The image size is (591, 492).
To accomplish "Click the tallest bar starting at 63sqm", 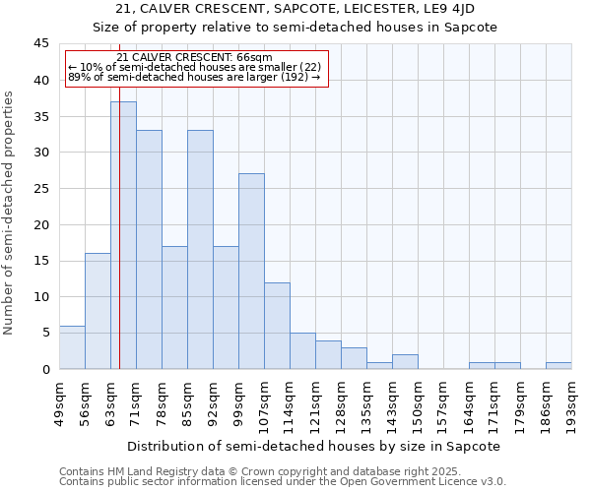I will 123,235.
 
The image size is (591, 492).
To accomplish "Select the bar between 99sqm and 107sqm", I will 251,271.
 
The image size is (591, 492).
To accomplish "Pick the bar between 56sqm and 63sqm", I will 98,311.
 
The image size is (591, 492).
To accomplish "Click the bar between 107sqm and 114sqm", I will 277,326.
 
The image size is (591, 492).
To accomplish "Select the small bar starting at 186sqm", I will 558,365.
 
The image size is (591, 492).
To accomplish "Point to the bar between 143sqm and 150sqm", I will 405,361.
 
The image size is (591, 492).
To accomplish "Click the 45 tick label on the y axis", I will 40,43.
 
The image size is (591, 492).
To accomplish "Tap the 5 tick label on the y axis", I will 44,333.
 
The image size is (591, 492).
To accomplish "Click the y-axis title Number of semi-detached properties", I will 9,213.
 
